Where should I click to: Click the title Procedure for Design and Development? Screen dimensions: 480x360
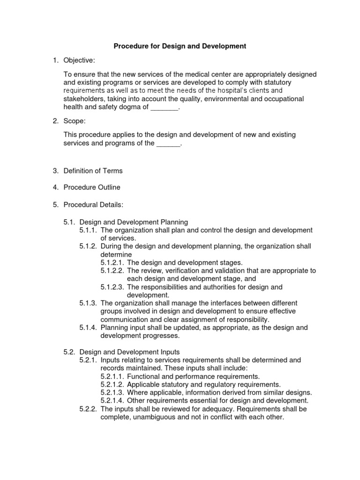pyautogui.click(x=180, y=46)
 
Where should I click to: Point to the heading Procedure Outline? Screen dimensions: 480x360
pyautogui.click(x=92, y=187)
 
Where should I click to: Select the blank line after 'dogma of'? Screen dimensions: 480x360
pyautogui.click(x=165, y=107)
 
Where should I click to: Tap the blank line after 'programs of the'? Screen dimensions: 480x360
pyautogui.click(x=168, y=143)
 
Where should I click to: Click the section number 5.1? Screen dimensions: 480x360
pyautogui.click(x=70, y=222)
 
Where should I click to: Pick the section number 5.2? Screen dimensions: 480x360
pyautogui.click(x=70, y=352)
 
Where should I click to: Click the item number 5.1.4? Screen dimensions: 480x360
pyautogui.click(x=88, y=328)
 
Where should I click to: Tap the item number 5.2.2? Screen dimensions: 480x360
pyautogui.click(x=88, y=409)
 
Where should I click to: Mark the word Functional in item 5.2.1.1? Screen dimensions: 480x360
pyautogui.click(x=143, y=376)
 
